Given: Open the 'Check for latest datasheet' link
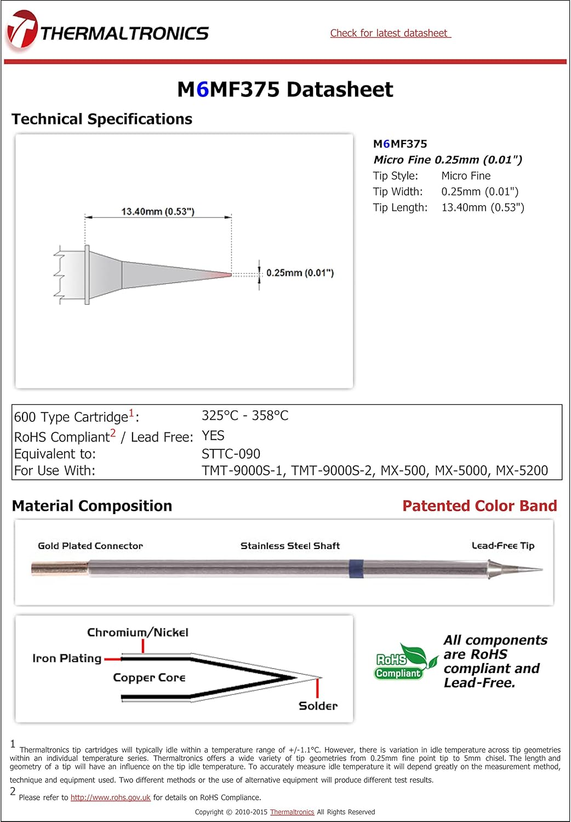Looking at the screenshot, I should click(390, 33).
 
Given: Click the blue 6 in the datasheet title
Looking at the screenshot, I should click(202, 89).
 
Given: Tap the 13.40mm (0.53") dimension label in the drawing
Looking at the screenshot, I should click(158, 212).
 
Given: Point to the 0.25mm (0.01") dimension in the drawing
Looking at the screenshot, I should click(300, 273).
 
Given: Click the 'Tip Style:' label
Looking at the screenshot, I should click(395, 176).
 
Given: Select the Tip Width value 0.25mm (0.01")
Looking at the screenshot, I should click(479, 192).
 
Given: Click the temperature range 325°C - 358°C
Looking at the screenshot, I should click(244, 416).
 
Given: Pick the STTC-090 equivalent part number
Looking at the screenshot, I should click(231, 454).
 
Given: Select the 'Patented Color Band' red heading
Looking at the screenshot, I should click(479, 506).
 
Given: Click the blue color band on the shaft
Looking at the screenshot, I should click(356, 569).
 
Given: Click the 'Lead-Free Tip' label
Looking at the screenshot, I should click(503, 546).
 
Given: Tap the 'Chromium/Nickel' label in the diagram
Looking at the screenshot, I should click(138, 632).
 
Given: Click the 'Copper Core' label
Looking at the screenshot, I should click(149, 678).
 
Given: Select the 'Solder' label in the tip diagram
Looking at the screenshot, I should click(318, 706).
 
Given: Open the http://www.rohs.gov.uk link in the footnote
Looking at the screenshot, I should click(110, 798).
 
